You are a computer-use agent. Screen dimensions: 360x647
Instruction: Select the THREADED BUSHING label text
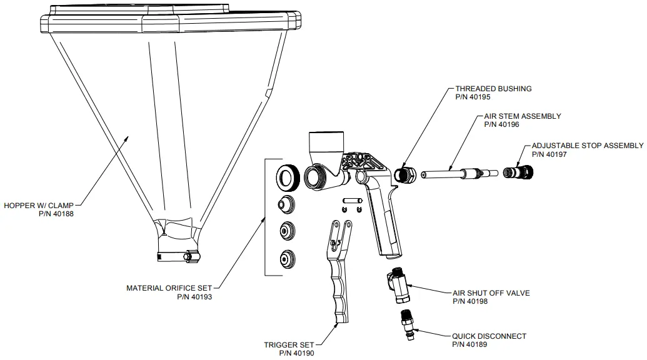[493, 89]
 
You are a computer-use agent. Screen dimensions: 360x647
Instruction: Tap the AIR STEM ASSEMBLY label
[523, 116]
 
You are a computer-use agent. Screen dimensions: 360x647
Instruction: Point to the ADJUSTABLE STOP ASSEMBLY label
[587, 146]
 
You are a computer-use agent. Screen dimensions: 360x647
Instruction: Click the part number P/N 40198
[469, 301]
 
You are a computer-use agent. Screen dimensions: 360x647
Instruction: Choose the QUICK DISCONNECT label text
[489, 336]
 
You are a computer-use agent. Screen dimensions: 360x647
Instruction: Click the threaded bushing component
[403, 174]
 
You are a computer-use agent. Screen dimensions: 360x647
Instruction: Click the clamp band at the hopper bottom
[178, 256]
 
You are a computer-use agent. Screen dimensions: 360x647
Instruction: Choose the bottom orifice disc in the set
[288, 257]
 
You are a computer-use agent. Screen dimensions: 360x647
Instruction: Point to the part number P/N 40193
[195, 297]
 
